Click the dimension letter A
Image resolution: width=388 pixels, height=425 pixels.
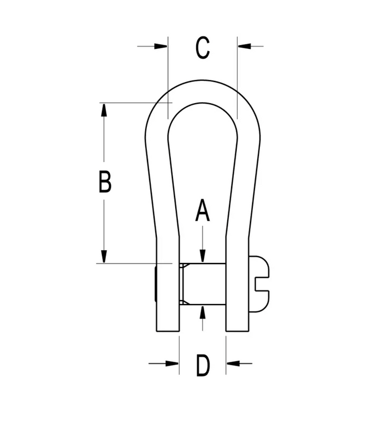point(202,210)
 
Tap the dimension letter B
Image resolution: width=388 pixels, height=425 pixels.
point(105,181)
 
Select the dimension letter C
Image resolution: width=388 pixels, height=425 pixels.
point(202,48)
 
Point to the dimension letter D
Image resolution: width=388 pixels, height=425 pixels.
point(203,365)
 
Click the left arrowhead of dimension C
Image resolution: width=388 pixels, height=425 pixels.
point(161,46)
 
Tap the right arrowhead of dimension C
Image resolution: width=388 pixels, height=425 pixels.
point(244,46)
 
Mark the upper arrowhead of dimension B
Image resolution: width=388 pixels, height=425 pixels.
point(104,110)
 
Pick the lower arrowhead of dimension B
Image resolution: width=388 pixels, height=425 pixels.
point(104,256)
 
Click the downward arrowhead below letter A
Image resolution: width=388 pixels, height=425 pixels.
point(202,256)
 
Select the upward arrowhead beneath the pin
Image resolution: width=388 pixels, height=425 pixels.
point(202,312)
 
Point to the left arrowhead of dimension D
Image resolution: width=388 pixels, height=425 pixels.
point(172,363)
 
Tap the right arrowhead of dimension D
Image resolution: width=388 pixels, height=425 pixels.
point(233,363)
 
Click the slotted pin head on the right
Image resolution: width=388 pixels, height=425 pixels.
point(259,284)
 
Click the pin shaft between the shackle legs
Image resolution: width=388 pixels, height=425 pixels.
point(202,284)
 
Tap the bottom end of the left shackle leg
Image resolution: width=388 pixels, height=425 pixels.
point(168,331)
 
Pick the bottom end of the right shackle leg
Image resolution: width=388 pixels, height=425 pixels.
point(237,331)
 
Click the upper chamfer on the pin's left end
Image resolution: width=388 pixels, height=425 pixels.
point(182,266)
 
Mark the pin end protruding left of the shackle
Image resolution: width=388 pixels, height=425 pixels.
point(155,284)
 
